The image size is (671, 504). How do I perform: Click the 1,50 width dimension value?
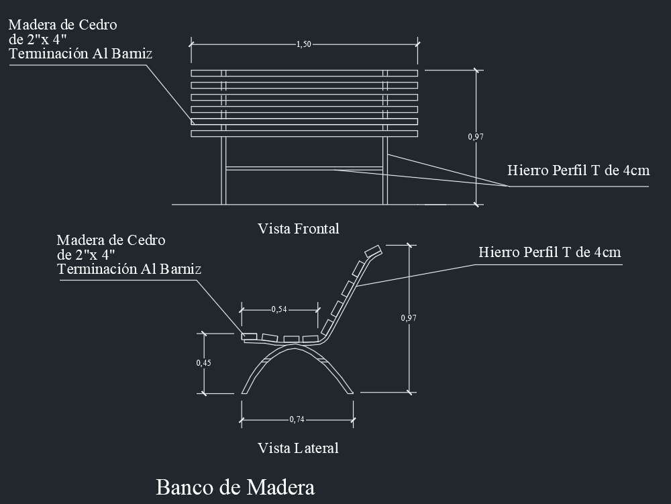pyautogui.click(x=304, y=44)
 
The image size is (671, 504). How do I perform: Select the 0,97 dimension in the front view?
pyautogui.click(x=476, y=137)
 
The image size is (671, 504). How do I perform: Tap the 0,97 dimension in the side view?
pyautogui.click(x=409, y=318)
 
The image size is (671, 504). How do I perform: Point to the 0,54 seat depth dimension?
pyautogui.click(x=279, y=309)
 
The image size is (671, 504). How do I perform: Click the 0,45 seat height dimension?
pyautogui.click(x=204, y=363)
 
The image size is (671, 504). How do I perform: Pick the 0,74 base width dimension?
pyautogui.click(x=297, y=419)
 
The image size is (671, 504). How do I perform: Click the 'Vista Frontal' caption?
pyautogui.click(x=299, y=228)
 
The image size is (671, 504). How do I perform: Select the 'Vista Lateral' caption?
pyautogui.click(x=299, y=448)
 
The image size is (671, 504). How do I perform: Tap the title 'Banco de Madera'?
pyautogui.click(x=236, y=487)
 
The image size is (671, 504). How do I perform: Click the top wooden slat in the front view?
pyautogui.click(x=304, y=73)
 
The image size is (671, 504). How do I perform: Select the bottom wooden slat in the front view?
pyautogui.click(x=304, y=134)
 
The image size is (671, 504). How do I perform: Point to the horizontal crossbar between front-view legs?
pyautogui.click(x=304, y=168)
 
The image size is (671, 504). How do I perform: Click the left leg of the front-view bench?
pyautogui.click(x=223, y=170)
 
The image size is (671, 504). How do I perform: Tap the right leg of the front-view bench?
pyautogui.click(x=385, y=170)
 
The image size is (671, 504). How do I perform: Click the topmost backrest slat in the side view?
pyautogui.click(x=372, y=251)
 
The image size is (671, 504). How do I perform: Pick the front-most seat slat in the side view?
pyautogui.click(x=249, y=337)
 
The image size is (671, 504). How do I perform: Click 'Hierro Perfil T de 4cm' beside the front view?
pyautogui.click(x=578, y=170)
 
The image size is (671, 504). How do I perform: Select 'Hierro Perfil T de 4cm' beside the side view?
pyautogui.click(x=550, y=252)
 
